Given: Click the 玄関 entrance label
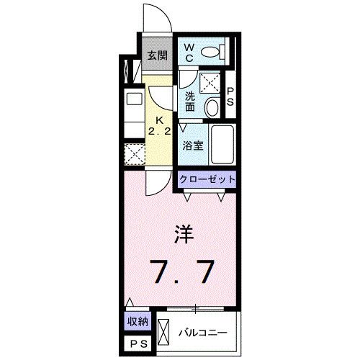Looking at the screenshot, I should coord(158,55).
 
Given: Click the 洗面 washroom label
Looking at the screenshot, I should coord(190,102).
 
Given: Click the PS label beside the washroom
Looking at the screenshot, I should coord(230,96).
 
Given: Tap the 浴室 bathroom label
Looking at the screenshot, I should coord(192,143).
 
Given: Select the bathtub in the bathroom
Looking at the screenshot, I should coord(223,145).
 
